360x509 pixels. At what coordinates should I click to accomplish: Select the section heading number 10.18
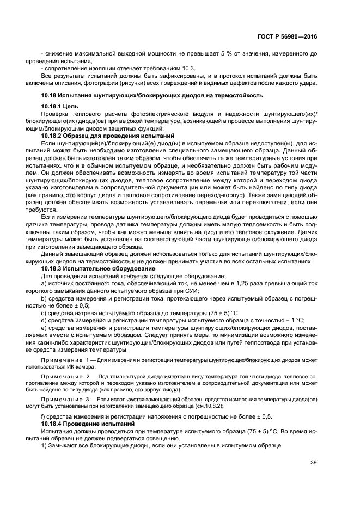point(50,95)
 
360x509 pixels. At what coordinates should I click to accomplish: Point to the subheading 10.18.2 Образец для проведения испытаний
point(107,134)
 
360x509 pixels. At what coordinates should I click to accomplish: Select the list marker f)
point(44,416)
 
